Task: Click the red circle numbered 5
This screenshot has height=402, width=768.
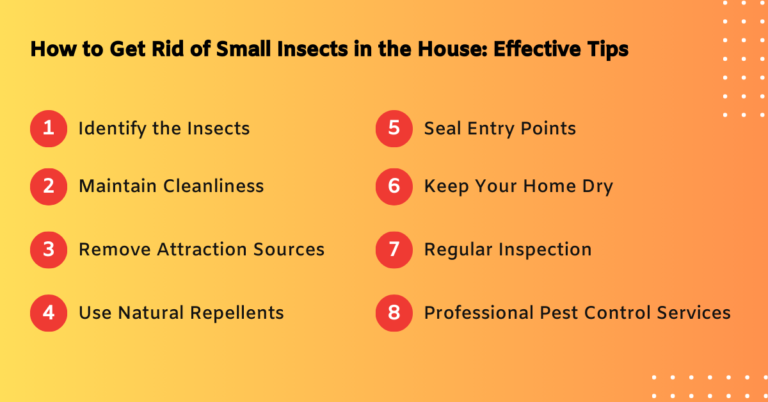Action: (393, 129)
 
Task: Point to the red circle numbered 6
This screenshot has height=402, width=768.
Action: (393, 186)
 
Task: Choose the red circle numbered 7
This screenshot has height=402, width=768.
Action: (393, 249)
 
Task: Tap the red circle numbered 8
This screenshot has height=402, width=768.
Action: (393, 313)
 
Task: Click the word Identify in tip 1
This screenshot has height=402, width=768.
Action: (113, 129)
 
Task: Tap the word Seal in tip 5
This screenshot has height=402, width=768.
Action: (443, 129)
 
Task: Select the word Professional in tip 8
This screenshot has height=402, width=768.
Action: (477, 313)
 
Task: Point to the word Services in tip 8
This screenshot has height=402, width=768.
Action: (691, 313)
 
